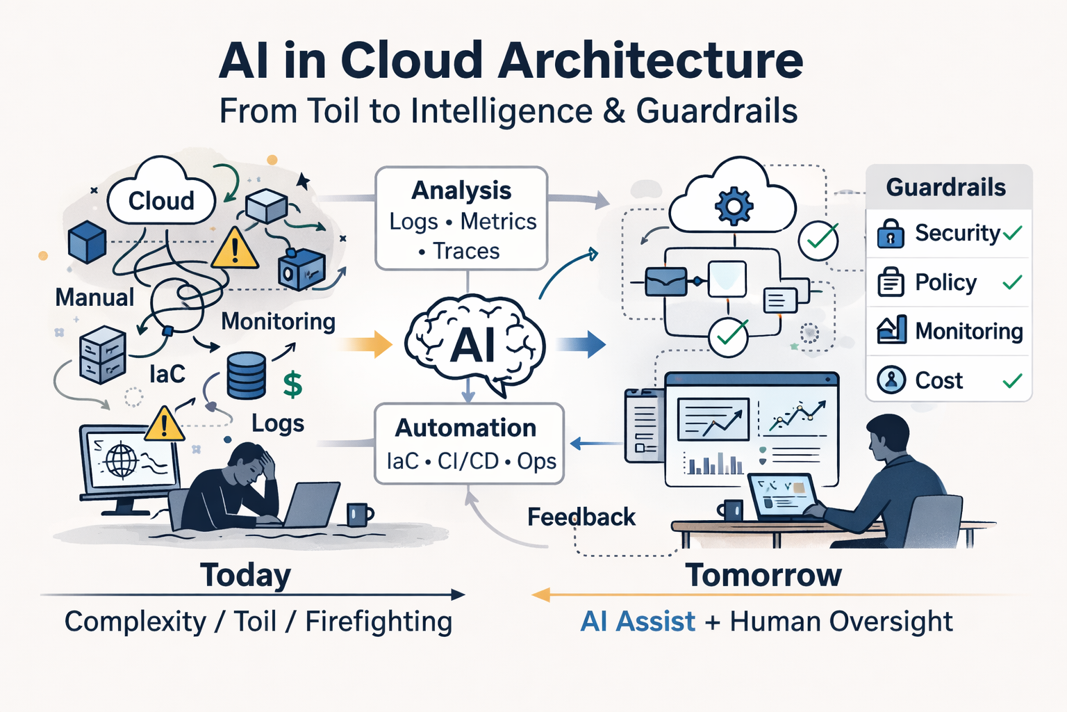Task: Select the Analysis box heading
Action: pyautogui.click(x=461, y=190)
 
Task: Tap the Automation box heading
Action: pyautogui.click(x=465, y=428)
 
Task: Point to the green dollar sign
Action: pyautogui.click(x=293, y=384)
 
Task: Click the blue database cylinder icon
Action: pyautogui.click(x=247, y=375)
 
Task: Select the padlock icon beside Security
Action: pyautogui.click(x=891, y=234)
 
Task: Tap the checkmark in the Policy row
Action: pyautogui.click(x=1012, y=282)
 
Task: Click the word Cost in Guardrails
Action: pyautogui.click(x=938, y=380)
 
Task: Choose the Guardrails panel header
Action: pyautogui.click(x=946, y=187)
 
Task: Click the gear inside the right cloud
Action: pyautogui.click(x=734, y=205)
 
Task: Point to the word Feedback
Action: pyautogui.click(x=581, y=517)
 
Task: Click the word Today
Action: pyautogui.click(x=245, y=575)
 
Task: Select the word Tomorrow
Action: pyautogui.click(x=763, y=575)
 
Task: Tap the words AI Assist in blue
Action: pyautogui.click(x=638, y=621)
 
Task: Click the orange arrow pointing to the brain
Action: pyautogui.click(x=367, y=344)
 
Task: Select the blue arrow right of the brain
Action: pyautogui.click(x=581, y=344)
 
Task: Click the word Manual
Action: pyautogui.click(x=94, y=298)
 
